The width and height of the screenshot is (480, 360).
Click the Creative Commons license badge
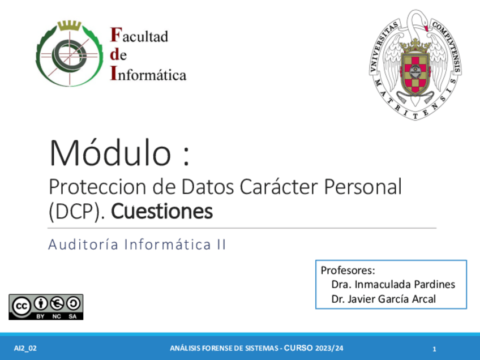pyautogui.click(x=46, y=306)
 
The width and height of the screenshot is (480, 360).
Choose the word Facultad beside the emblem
pyautogui.click(x=139, y=37)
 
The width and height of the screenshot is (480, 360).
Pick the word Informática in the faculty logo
pyautogui.click(x=148, y=74)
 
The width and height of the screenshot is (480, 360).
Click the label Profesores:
pyautogui.click(x=348, y=270)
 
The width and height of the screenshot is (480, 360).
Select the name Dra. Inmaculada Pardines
pyautogui.click(x=393, y=285)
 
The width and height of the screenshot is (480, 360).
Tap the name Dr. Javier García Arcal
pyautogui.click(x=384, y=299)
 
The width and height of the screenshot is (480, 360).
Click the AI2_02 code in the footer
pyautogui.click(x=25, y=348)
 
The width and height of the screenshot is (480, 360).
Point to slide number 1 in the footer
pyautogui.click(x=434, y=349)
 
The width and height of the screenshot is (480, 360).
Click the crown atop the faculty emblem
pyautogui.click(x=69, y=25)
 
